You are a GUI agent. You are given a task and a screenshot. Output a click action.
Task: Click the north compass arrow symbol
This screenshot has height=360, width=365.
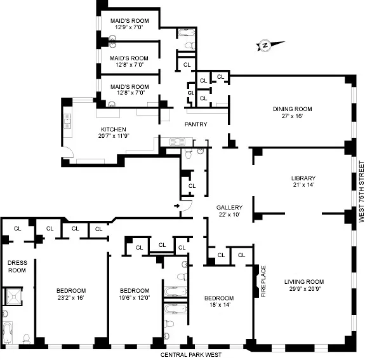264,45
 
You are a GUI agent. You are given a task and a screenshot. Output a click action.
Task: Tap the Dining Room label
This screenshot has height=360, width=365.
293,109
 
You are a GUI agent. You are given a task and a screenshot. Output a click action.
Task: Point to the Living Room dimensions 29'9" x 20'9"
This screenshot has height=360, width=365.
305,290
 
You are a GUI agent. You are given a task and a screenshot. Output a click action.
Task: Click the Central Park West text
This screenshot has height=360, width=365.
190,354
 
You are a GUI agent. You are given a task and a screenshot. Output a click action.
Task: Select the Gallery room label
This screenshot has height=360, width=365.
229,208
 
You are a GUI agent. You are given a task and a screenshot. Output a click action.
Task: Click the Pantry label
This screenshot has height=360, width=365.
196,124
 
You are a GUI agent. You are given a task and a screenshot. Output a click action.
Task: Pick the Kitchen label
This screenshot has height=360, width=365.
114,128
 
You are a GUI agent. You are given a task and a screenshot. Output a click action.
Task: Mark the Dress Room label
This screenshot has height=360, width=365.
17,266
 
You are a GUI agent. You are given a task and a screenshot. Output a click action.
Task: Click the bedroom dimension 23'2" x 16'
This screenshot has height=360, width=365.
70,297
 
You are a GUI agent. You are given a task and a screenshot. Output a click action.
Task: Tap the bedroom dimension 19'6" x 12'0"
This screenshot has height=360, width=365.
134,297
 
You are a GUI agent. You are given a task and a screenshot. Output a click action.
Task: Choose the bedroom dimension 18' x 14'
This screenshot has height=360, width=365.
219,306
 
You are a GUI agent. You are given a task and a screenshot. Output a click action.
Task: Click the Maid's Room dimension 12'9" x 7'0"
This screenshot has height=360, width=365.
129,28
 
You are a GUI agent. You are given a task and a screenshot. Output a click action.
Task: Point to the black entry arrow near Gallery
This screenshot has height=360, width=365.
176,205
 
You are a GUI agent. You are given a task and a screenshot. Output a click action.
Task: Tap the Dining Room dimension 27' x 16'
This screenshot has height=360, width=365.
293,117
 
